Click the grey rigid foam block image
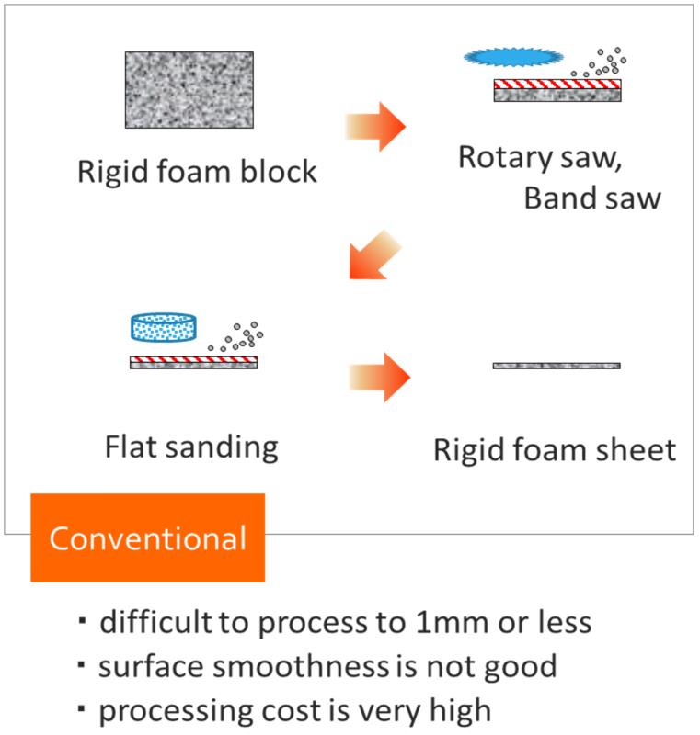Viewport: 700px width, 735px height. [x=189, y=89]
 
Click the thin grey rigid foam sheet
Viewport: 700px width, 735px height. [x=556, y=366]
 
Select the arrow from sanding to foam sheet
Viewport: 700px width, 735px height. [x=379, y=377]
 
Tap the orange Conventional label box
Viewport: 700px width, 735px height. [x=147, y=537]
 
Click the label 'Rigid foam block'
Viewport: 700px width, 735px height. [x=197, y=172]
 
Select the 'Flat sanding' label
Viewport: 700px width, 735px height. [x=191, y=447]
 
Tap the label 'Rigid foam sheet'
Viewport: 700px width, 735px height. [x=555, y=450]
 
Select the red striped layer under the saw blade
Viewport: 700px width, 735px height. [x=557, y=85]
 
